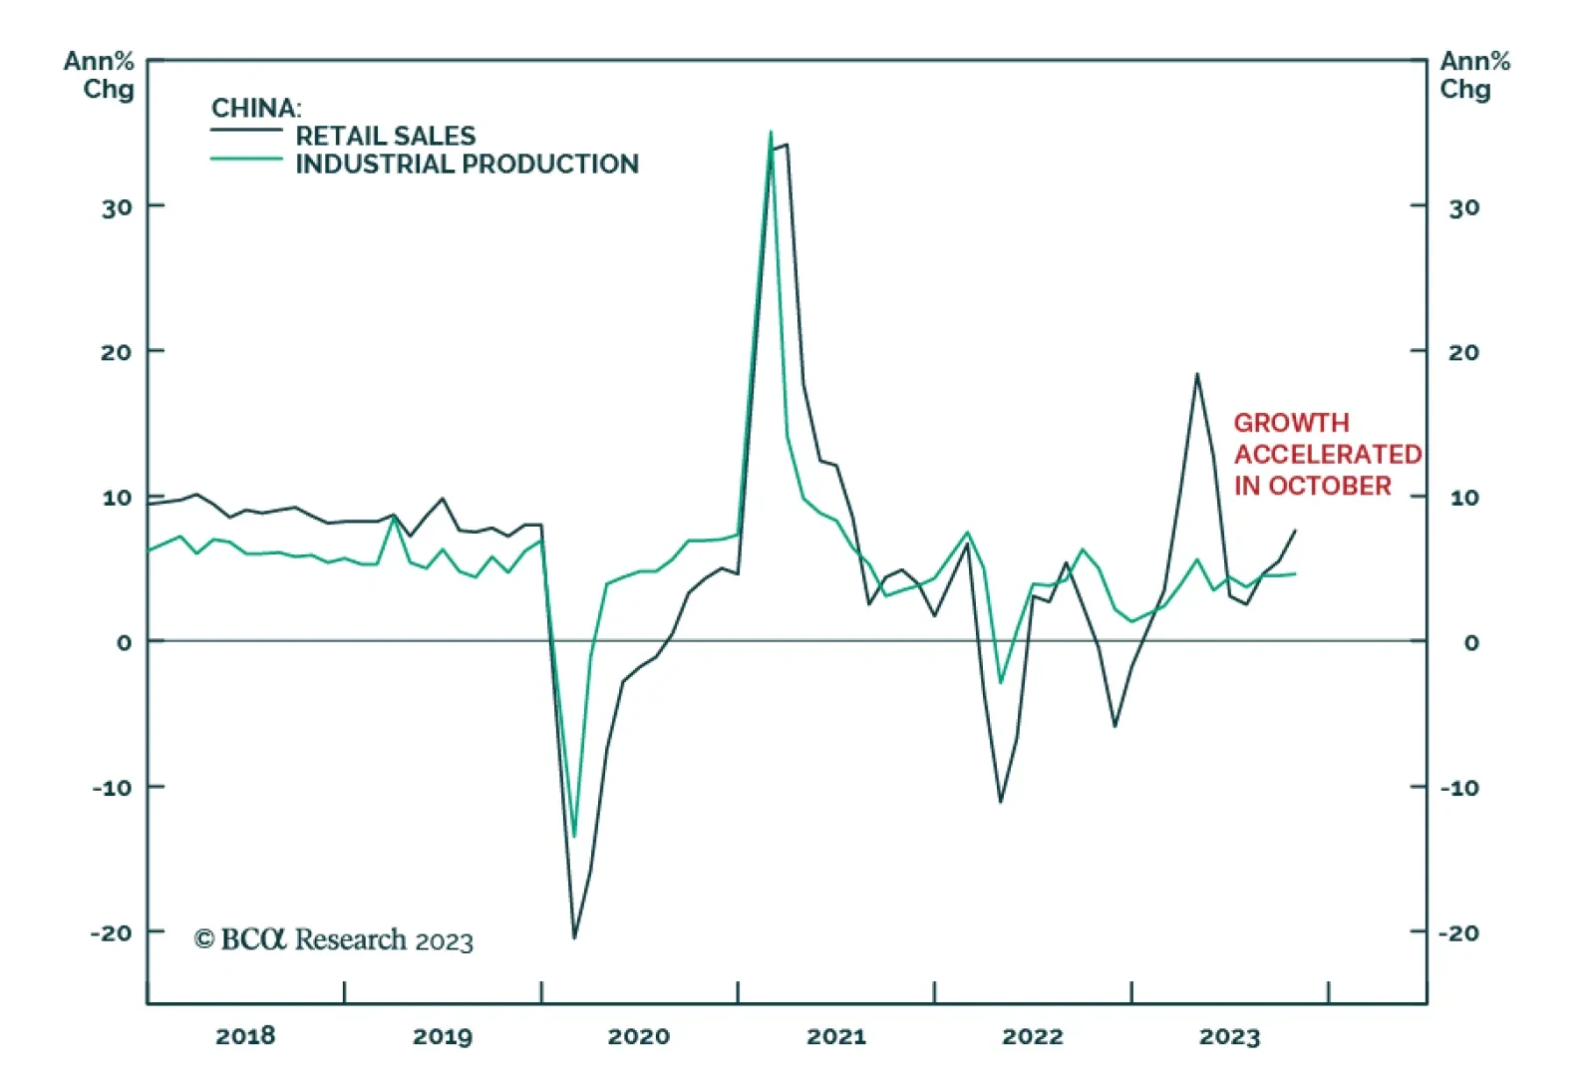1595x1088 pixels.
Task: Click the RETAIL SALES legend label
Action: [x=385, y=136]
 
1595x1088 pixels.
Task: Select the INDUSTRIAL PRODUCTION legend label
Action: [x=467, y=164]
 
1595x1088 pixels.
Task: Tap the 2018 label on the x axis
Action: [x=245, y=1036]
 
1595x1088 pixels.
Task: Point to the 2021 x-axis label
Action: [x=835, y=1036]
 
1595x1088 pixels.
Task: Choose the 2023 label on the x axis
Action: [x=1229, y=1036]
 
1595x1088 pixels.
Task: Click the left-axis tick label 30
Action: [x=117, y=207]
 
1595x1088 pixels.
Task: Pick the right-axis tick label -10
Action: [x=1459, y=788]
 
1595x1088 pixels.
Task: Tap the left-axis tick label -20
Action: [x=111, y=933]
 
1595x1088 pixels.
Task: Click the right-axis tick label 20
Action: [x=1463, y=352]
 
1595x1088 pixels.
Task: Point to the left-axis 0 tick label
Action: [x=124, y=643]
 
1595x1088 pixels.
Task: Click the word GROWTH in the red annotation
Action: [x=1291, y=423]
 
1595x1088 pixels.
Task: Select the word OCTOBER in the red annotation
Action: [x=1329, y=486]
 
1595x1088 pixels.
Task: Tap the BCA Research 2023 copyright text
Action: [x=333, y=939]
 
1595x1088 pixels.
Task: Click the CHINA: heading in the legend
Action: [x=256, y=108]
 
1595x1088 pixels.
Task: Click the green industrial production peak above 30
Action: [x=771, y=133]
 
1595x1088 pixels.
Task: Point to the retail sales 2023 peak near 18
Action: [x=1197, y=375]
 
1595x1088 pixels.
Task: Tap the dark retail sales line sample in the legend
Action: [x=246, y=131]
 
